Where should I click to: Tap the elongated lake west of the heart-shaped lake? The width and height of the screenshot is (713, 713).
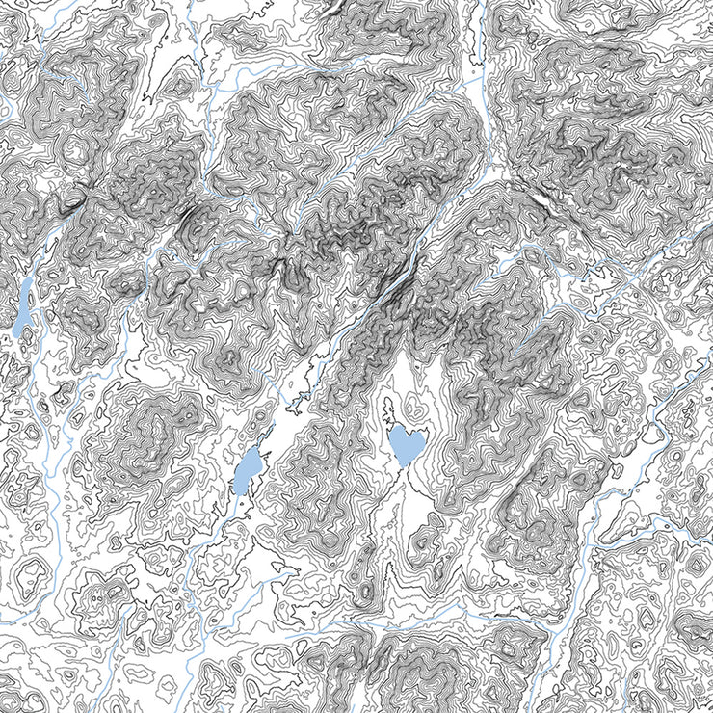click(x=248, y=470)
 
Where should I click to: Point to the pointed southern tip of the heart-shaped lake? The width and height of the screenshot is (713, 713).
click(x=402, y=466)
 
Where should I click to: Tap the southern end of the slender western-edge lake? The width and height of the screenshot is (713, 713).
click(x=17, y=335)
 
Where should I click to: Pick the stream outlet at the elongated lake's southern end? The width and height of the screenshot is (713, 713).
click(x=237, y=494)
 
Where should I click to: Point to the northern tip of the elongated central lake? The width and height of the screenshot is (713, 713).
click(x=256, y=448)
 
